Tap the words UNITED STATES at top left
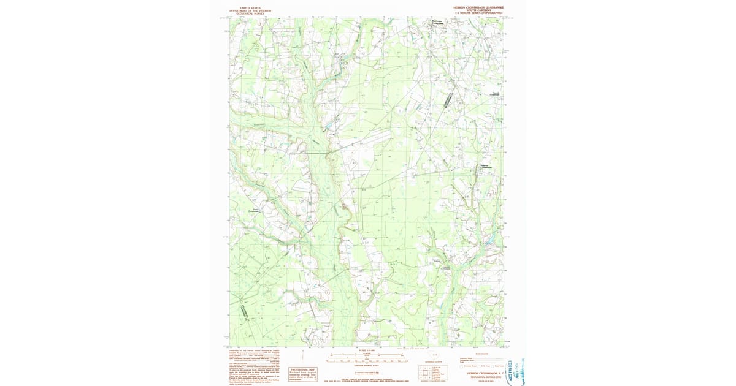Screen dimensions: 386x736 [x=250, y=7]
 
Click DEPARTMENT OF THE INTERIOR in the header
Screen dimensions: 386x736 [x=250, y=10]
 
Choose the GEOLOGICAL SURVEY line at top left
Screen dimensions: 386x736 [x=250, y=13]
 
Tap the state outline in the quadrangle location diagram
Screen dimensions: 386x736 [x=435, y=357]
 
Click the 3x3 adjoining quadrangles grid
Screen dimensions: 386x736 [x=425, y=373]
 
